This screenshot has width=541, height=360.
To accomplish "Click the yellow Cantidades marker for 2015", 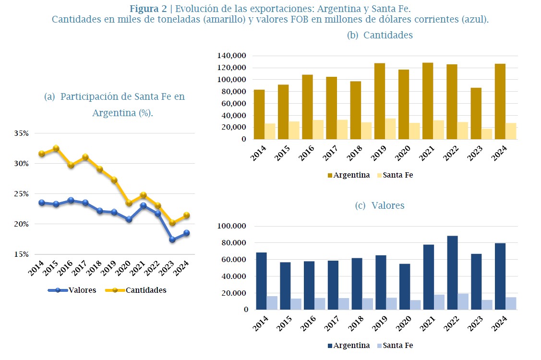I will (x=56, y=148).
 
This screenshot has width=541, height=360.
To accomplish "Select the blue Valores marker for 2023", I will (x=172, y=239).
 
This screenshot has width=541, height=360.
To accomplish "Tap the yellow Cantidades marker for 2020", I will (x=129, y=203).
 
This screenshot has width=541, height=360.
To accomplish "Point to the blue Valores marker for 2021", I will (x=143, y=205).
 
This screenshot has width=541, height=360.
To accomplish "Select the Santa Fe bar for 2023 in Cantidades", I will (x=487, y=134).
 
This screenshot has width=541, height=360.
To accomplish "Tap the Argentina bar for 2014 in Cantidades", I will (x=259, y=114).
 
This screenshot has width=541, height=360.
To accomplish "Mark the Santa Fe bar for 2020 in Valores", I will (x=415, y=305).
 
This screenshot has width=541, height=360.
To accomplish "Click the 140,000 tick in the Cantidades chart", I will (x=231, y=56).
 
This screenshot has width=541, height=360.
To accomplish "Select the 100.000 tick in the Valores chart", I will (x=232, y=226).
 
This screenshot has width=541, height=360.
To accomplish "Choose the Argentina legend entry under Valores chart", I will (x=349, y=346).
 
